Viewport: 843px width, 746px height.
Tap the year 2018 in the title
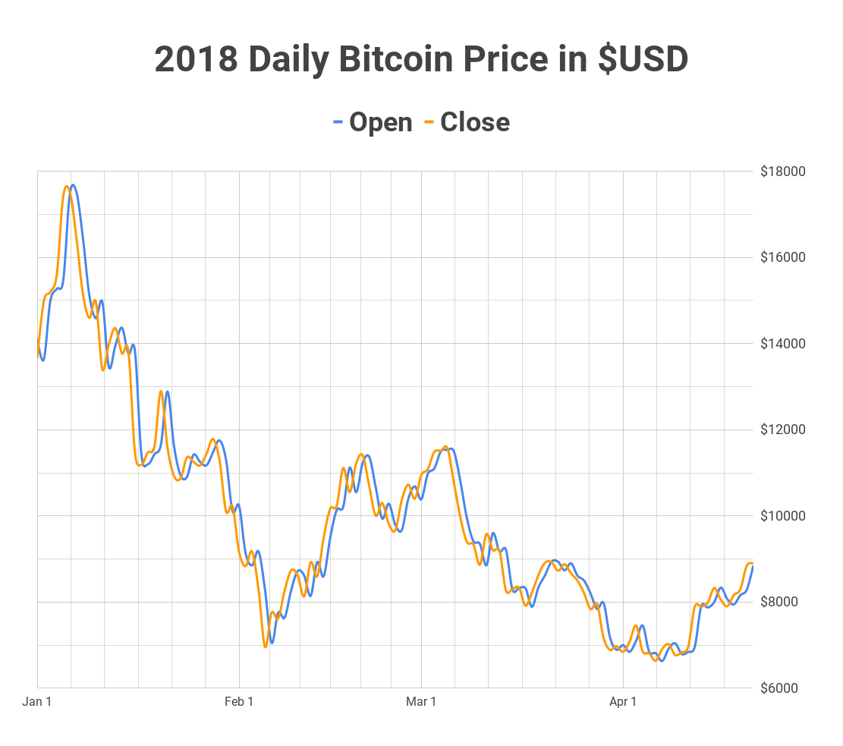pyautogui.click(x=196, y=60)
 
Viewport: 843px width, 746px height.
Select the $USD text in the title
pyautogui.click(x=643, y=60)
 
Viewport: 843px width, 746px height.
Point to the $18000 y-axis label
pyautogui.click(x=783, y=172)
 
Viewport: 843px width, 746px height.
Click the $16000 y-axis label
pyautogui.click(x=783, y=258)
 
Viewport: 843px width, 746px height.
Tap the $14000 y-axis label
pyautogui.click(x=783, y=344)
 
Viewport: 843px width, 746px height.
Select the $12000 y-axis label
pyautogui.click(x=783, y=430)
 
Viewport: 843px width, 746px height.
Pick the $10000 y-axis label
pyautogui.click(x=783, y=516)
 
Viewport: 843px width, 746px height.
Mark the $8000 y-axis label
pyautogui.click(x=785, y=603)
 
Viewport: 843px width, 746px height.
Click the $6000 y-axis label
pyautogui.click(x=785, y=688)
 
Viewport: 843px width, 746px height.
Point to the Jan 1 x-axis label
pyautogui.click(x=37, y=702)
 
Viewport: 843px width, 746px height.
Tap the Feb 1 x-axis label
pyautogui.click(x=239, y=702)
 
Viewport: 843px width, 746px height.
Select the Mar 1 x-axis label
pyautogui.click(x=421, y=702)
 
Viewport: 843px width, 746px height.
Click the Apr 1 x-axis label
pyautogui.click(x=623, y=702)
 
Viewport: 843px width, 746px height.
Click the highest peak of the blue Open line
pyautogui.click(x=73, y=184)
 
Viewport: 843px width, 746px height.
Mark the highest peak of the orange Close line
pyautogui.click(x=67, y=186)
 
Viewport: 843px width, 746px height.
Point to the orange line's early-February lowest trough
pyautogui.click(x=265, y=647)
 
